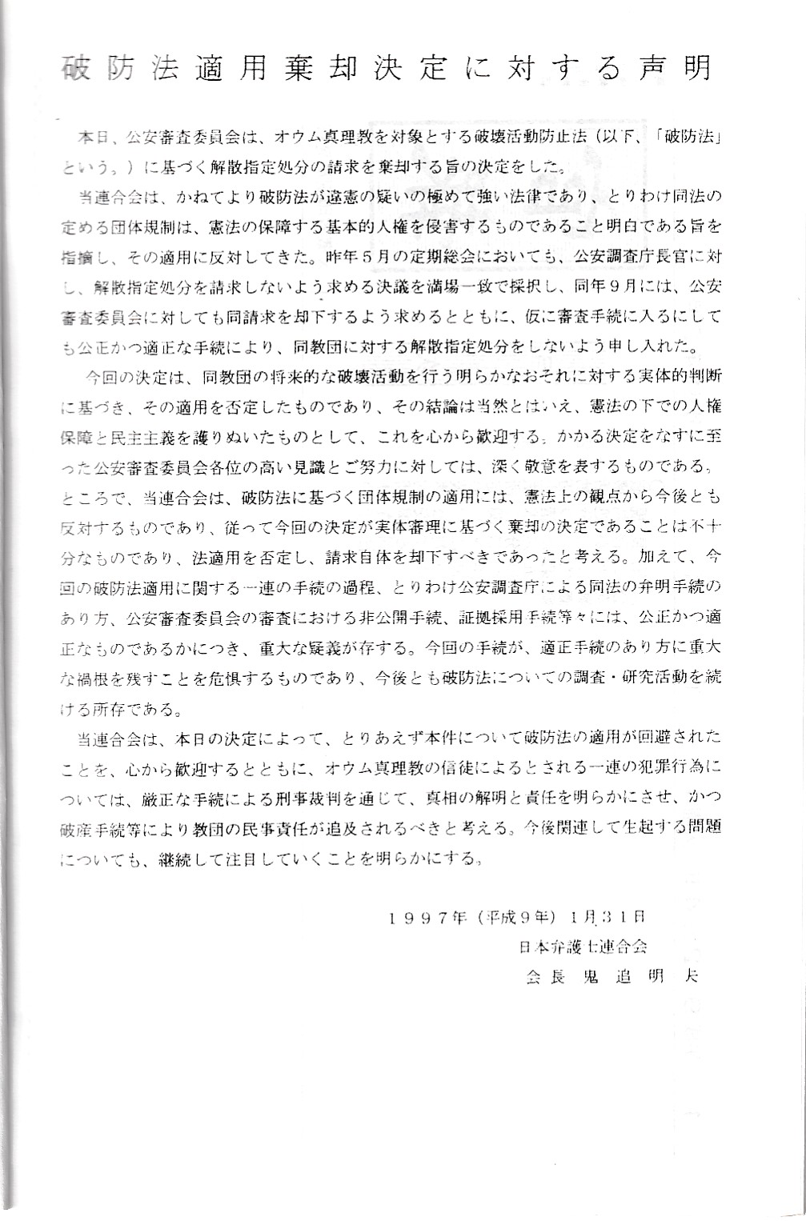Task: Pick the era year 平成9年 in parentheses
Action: coord(521,917)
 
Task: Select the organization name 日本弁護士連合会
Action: coord(582,947)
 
